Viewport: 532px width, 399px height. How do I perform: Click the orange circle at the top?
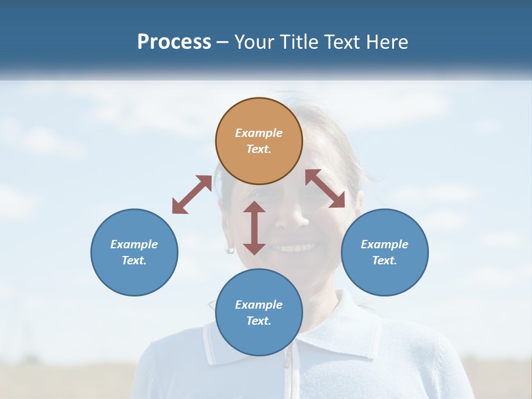pos(259,141)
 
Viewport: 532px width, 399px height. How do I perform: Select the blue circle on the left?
pos(134,252)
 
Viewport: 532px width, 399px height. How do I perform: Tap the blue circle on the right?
pos(385,252)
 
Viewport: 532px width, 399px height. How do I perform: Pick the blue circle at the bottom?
pos(259,313)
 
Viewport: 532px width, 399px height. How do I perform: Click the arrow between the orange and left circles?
pos(192,195)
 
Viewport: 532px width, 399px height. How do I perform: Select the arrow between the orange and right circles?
pos(325,188)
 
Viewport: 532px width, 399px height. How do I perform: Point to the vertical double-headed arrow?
pos(254,228)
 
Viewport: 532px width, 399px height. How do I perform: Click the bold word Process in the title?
pos(174,42)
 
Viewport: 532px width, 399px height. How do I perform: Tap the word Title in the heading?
pos(299,42)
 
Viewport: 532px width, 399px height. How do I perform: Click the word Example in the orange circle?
pos(259,133)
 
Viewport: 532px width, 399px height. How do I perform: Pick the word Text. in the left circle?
pos(134,260)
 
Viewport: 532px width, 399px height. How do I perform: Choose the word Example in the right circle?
pos(385,244)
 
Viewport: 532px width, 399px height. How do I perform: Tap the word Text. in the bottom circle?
pos(259,321)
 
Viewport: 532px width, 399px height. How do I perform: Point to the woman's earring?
pos(230,249)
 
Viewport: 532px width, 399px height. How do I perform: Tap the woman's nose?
pos(297,219)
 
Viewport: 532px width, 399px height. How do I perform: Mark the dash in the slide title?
pos(223,42)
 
